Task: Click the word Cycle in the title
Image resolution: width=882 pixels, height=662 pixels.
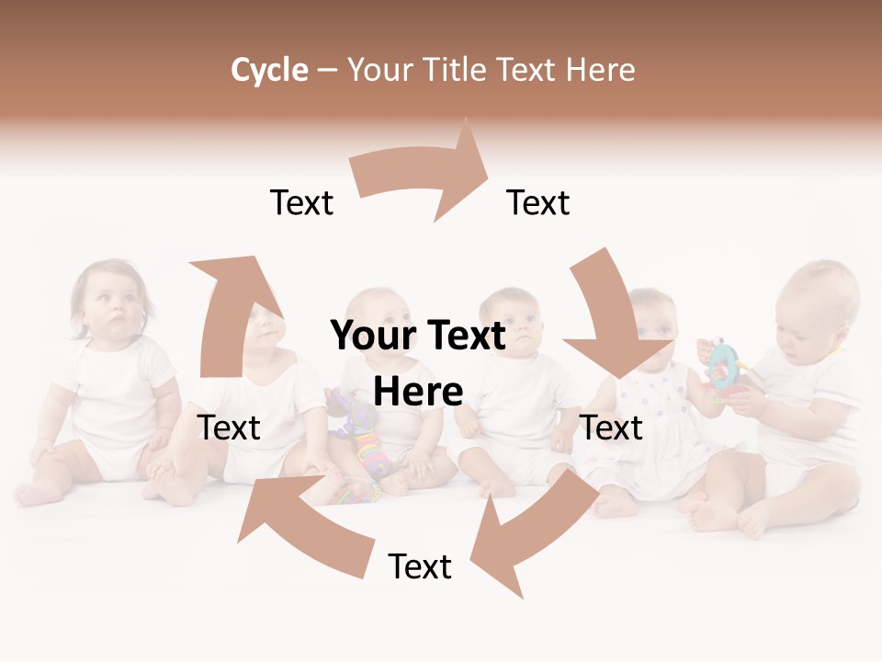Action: (269, 70)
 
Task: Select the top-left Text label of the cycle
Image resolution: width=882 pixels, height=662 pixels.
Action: (301, 202)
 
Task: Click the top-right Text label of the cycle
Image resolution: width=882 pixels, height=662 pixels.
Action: (538, 202)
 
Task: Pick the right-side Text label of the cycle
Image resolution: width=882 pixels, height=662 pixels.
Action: (612, 428)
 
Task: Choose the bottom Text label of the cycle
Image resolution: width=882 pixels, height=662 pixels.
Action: (420, 566)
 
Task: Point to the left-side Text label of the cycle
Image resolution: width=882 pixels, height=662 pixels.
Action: (230, 428)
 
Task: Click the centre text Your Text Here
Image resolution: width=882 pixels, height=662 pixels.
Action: (418, 363)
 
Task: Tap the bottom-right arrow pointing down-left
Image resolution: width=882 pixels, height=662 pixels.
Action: (533, 533)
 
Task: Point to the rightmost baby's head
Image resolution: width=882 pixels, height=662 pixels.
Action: (818, 303)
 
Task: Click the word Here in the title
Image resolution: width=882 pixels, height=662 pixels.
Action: (602, 70)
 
